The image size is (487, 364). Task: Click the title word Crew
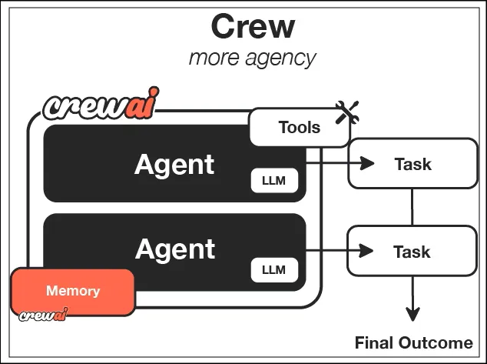coord(253,27)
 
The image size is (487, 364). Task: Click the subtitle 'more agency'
coord(253,58)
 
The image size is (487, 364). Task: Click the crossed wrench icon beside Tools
coord(347,114)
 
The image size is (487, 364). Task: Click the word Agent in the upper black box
coord(174,164)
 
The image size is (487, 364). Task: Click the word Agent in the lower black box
coord(175,249)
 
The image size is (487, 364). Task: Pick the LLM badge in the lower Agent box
coord(273,269)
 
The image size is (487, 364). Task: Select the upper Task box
coord(412,164)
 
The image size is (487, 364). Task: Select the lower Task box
coord(412,251)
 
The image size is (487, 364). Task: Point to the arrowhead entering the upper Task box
coord(367,163)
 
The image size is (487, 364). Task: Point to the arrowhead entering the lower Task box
coord(367,250)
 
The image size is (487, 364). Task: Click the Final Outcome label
coord(413,343)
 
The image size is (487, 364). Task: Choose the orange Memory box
coord(73,292)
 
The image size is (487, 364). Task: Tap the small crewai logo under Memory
coord(42,315)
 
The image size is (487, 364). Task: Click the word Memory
coord(73,291)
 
